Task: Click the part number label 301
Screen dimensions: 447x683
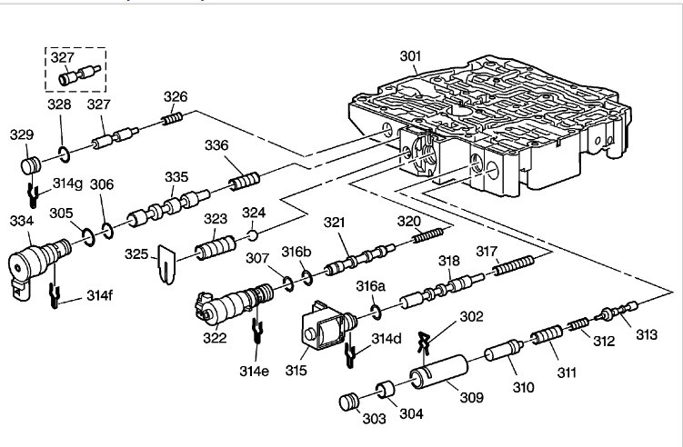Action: [x=411, y=56]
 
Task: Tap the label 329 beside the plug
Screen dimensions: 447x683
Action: [x=22, y=135]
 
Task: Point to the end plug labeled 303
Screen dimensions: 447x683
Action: [x=348, y=402]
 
